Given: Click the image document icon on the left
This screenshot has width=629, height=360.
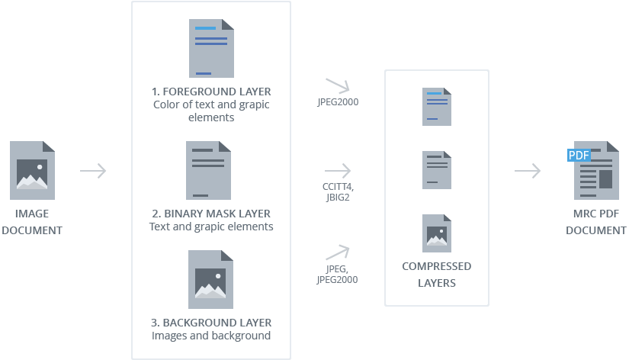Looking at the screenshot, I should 32,170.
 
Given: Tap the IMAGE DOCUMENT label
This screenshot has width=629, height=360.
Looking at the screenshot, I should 31,222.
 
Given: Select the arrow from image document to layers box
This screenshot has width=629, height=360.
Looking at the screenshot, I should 93,171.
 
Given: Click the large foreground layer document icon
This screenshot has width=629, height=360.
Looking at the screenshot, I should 211,49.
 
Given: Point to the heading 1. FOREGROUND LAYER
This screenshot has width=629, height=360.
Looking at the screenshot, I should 211,92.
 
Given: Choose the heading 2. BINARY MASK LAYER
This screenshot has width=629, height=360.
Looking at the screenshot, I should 211,214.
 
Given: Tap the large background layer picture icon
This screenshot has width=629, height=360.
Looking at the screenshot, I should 211,279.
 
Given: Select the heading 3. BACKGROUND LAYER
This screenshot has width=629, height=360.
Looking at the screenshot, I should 211,323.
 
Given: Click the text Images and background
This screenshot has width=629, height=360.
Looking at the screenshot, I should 211,336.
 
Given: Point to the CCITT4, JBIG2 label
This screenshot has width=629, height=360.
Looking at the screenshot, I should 338,191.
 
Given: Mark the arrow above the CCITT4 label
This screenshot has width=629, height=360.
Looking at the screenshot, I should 337,171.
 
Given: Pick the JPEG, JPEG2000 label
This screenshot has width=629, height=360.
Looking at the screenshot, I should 337,274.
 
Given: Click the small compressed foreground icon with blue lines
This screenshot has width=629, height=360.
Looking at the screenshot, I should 437,107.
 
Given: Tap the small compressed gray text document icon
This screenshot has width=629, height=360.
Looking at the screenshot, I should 437,170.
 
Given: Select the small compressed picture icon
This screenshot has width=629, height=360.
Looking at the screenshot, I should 437,233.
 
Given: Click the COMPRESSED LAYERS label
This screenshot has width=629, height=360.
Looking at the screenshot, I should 436,275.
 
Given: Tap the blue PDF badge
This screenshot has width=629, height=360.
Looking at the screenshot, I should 579,156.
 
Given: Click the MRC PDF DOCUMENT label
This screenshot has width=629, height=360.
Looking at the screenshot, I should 596,222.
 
